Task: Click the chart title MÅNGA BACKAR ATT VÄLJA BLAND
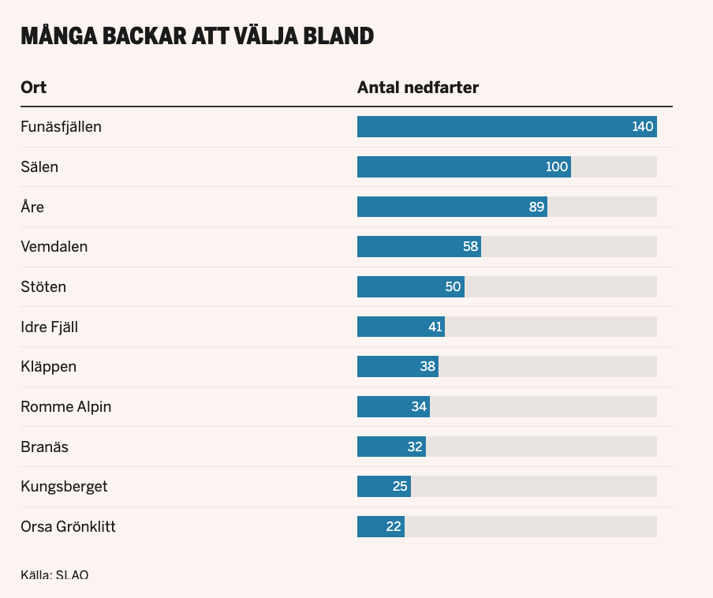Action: tap(196, 36)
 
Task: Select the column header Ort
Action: tap(33, 87)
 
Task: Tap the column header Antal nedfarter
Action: tap(418, 87)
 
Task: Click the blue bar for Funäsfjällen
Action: tap(489, 126)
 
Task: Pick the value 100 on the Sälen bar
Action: tap(557, 166)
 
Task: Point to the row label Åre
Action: tap(32, 207)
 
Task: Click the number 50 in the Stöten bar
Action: tap(453, 286)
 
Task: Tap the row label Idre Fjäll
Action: tap(49, 327)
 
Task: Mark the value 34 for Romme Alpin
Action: tap(419, 406)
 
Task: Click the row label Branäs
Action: tap(44, 447)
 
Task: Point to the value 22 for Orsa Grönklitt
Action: tap(394, 526)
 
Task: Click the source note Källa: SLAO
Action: tap(54, 574)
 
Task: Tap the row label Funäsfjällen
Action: tap(61, 126)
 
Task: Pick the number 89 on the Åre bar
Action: tap(537, 207)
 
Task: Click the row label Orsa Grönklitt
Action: tap(68, 526)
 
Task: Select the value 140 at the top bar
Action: tap(643, 126)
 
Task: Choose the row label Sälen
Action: tap(39, 166)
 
